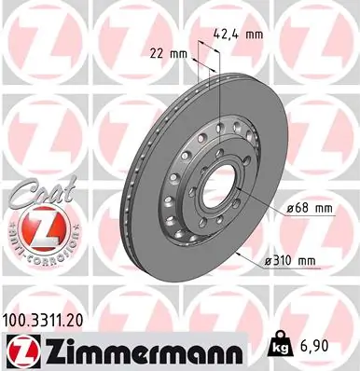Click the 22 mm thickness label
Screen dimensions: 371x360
[x=169, y=53]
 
